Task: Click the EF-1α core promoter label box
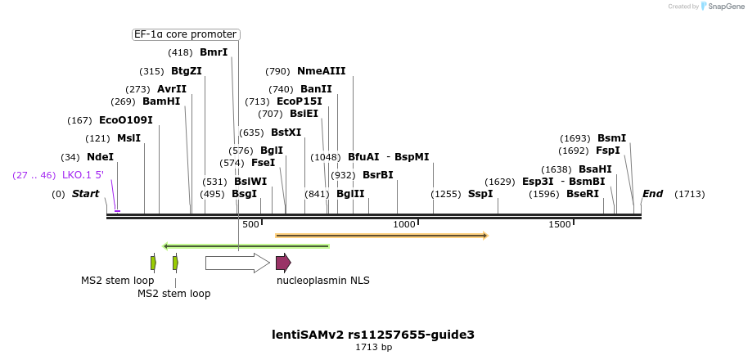[186, 34]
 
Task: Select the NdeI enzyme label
[100, 157]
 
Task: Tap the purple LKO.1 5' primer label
[83, 175]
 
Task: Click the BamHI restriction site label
[160, 101]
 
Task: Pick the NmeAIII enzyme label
[321, 71]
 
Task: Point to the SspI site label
[480, 194]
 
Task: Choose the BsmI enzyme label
[611, 138]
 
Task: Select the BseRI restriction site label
[582, 194]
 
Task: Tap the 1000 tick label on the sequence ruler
[404, 224]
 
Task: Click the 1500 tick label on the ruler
[559, 224]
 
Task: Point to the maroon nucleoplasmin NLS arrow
[283, 263]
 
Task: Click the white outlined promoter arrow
[237, 263]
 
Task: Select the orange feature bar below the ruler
[381, 236]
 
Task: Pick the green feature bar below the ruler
[246, 245]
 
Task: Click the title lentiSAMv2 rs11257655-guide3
[373, 335]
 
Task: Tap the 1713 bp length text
[373, 348]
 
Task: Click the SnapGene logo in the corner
[722, 7]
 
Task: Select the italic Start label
[85, 194]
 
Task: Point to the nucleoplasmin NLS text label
[322, 281]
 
